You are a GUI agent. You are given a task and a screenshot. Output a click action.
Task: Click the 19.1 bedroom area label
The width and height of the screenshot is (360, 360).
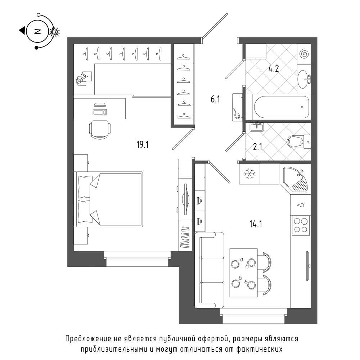[x=143, y=145]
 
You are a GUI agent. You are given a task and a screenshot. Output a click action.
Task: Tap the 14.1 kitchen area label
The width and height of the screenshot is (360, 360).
[x=256, y=224]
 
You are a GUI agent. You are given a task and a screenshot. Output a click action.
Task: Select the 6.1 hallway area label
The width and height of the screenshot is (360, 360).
[x=215, y=99]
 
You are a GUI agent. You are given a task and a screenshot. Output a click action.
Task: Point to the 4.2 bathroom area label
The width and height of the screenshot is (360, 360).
[x=274, y=68]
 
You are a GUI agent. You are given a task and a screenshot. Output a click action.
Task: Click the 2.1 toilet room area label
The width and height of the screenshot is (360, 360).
[x=257, y=147]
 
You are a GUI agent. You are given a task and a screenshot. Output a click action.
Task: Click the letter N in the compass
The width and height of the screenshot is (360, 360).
[x=37, y=31]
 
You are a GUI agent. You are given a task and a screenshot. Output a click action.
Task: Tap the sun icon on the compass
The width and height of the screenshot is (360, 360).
[x=54, y=32]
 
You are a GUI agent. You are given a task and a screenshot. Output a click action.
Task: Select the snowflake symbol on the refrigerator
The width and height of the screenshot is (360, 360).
[x=249, y=174]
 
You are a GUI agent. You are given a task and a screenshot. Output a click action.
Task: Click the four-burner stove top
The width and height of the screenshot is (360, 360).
[x=301, y=225]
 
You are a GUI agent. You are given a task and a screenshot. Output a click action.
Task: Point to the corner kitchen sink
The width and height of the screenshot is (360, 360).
[x=296, y=179]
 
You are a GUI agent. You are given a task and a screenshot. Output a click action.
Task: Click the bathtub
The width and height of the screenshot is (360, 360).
[x=281, y=107]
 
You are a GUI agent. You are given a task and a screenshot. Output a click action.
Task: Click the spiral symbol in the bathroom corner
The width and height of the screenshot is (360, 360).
[x=305, y=54]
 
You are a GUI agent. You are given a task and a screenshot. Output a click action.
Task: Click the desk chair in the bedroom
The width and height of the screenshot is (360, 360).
[x=100, y=129]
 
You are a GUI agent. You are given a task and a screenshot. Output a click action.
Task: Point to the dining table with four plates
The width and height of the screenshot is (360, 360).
[x=244, y=273]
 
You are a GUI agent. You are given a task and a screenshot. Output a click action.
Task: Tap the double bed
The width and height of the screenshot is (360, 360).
[x=108, y=199]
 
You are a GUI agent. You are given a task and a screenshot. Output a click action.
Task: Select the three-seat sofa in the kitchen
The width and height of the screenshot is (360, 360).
[x=210, y=270]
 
